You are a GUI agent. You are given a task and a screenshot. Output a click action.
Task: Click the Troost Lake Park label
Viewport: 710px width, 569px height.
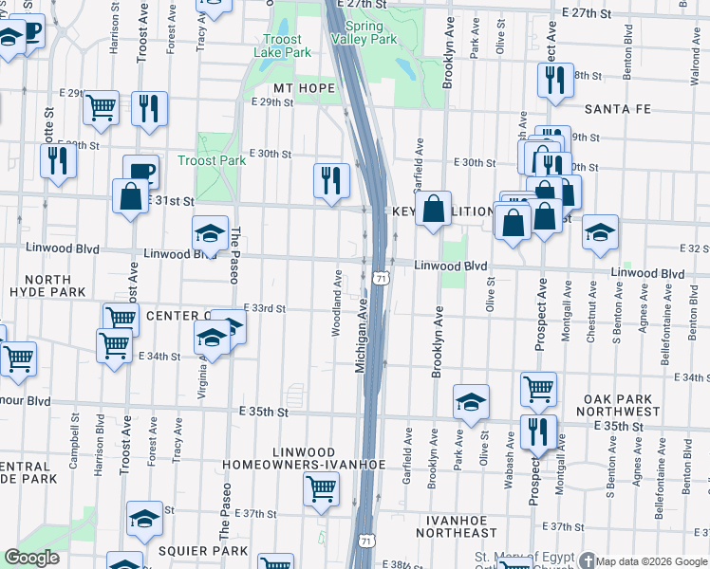tap(283, 46)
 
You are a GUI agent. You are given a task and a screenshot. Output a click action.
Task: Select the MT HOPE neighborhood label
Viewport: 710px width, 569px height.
tap(305, 88)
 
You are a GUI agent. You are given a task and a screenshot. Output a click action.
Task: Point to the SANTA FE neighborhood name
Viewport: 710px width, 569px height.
tap(618, 109)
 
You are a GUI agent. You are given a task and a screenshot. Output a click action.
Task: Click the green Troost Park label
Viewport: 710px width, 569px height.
tap(213, 160)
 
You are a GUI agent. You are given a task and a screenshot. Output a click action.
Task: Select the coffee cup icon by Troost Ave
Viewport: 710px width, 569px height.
tap(140, 171)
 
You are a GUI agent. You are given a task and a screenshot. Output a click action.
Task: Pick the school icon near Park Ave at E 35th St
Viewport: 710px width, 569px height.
tap(471, 402)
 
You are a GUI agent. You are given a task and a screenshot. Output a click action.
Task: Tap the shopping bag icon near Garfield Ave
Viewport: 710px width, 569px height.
tap(434, 211)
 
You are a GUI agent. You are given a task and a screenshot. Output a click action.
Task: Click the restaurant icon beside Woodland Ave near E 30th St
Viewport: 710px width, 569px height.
tap(331, 179)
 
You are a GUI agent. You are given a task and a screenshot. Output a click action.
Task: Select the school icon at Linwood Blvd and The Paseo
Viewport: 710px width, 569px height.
tap(211, 233)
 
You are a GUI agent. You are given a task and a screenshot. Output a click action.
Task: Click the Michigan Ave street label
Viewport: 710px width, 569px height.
tap(362, 338)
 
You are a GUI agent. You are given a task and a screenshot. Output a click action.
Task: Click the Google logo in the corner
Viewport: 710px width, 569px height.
tap(32, 558)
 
